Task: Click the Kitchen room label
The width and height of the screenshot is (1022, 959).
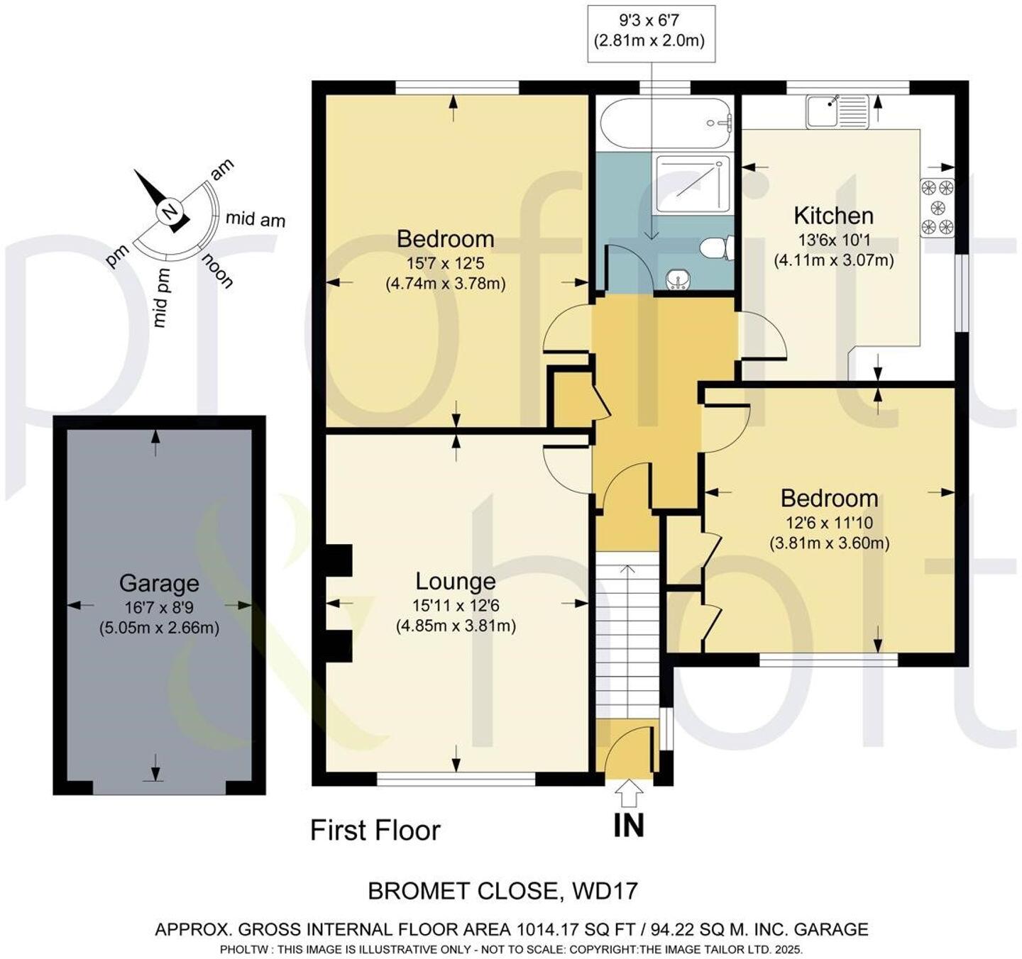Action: point(834,216)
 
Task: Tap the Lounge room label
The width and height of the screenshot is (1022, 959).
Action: point(456,582)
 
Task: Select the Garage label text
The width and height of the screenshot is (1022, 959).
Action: point(159,584)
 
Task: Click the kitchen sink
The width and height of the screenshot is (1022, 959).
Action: point(837,111)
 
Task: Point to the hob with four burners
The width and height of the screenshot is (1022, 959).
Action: point(937,207)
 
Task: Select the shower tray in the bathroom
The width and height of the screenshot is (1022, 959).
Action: point(693,184)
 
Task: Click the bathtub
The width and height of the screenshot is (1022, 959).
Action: point(666,123)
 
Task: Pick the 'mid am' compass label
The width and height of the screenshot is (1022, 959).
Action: point(255,219)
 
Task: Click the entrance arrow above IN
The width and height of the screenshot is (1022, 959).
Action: point(629,794)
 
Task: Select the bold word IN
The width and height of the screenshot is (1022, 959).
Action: point(629,825)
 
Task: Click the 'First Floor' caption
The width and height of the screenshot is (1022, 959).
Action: point(375,830)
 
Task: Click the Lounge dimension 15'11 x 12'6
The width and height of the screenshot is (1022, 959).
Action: point(456,606)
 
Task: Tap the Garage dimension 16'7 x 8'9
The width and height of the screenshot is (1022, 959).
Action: point(159,608)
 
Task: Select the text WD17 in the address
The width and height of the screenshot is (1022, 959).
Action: point(605,891)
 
